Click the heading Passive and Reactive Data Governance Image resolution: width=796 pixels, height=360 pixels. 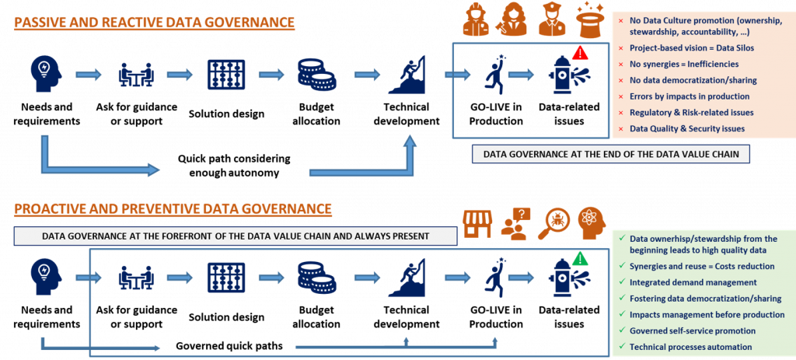(x=153, y=23)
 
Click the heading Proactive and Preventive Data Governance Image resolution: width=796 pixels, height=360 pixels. (x=173, y=208)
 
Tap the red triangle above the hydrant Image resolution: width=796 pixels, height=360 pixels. (x=579, y=53)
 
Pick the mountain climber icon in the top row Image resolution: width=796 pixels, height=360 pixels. (x=407, y=74)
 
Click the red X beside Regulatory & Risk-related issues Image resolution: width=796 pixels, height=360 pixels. (x=620, y=113)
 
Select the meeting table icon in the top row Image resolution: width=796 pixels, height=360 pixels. (x=135, y=75)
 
